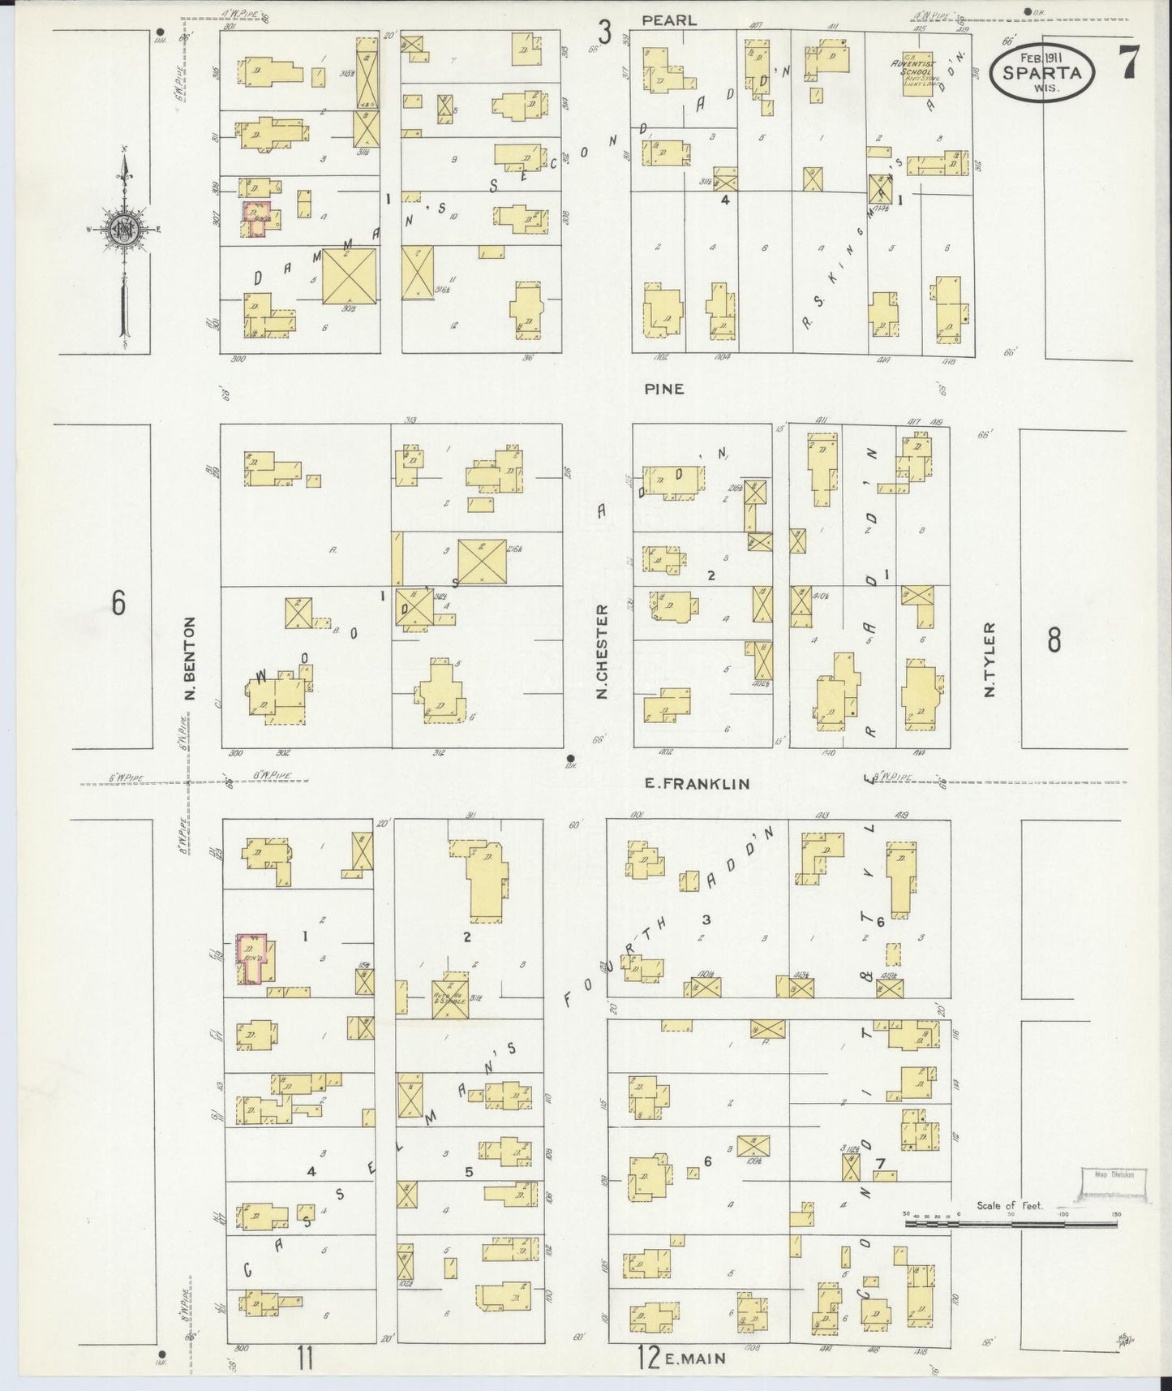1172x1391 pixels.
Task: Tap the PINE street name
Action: click(x=664, y=389)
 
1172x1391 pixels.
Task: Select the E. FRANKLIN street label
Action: click(x=697, y=784)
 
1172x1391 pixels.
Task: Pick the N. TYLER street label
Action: click(x=989, y=660)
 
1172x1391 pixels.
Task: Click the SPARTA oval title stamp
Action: click(x=1042, y=71)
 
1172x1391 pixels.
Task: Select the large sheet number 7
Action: click(x=1128, y=61)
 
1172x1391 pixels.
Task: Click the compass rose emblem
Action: click(x=125, y=228)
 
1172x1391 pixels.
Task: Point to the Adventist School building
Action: click(x=917, y=74)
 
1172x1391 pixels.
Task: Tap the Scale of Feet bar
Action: click(x=1011, y=1220)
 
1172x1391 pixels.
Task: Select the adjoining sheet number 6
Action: click(x=119, y=604)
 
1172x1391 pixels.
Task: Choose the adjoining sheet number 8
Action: click(x=1053, y=640)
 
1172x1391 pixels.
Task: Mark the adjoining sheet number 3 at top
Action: click(x=604, y=32)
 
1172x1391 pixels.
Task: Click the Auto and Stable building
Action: click(x=449, y=996)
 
